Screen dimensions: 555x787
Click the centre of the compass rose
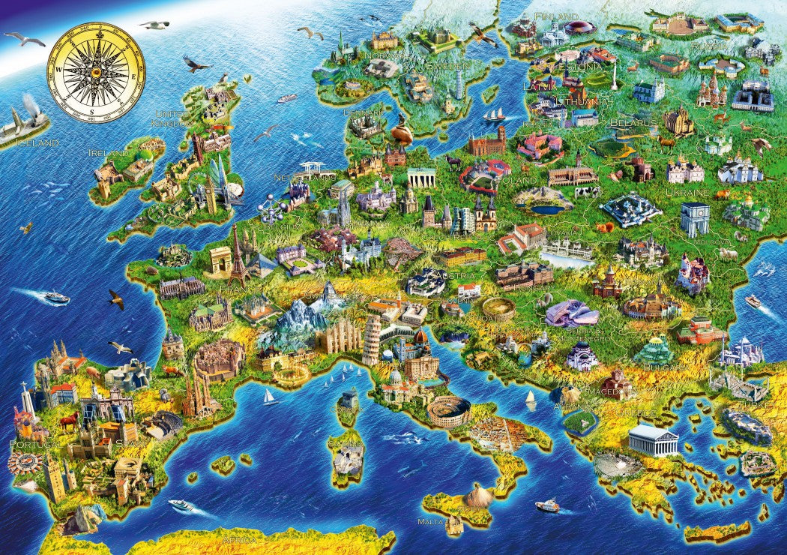tap(96, 72)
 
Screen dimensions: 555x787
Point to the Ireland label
tap(108, 152)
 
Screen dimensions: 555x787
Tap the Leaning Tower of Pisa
tap(371, 338)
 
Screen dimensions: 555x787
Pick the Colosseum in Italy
tap(448, 410)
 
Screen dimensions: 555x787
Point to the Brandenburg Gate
tap(421, 177)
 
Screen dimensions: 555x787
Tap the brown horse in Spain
tap(69, 421)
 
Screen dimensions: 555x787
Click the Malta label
tap(430, 520)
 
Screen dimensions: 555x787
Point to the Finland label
tap(561, 16)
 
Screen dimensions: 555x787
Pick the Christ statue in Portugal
tap(26, 397)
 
